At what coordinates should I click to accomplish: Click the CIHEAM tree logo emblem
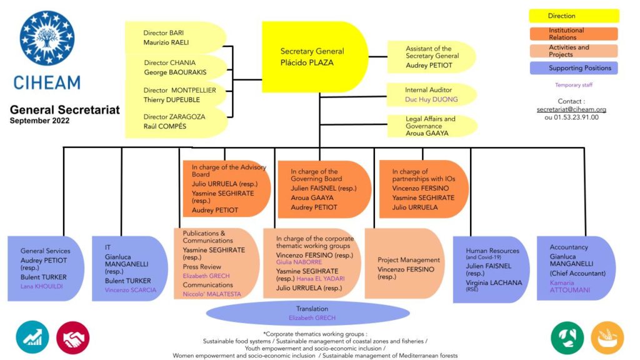pos(47,38)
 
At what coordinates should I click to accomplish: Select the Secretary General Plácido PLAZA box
pos(315,57)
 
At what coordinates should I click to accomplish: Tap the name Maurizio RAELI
pos(166,42)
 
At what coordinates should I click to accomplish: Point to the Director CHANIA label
pos(170,62)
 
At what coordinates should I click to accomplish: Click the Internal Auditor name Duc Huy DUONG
pos(431,99)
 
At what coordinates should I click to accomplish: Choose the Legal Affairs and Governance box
pos(432,126)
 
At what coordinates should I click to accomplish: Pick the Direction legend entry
pos(574,16)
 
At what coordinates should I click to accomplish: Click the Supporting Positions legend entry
pos(574,68)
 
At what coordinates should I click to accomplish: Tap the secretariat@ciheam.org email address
pos(571,109)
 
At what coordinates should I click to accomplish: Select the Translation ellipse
pos(308,314)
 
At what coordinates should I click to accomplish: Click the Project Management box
pos(404,263)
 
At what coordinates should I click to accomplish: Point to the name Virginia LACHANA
pos(494,282)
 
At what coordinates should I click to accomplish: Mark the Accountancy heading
pos(569,247)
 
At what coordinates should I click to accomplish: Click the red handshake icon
pos(72,337)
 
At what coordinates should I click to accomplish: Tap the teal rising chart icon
pos(32,337)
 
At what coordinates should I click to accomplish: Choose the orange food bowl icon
pos(607,337)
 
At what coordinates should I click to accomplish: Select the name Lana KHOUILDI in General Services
pos(42,286)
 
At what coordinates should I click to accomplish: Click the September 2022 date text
pos(39,121)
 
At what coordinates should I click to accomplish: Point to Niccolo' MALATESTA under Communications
pos(212,294)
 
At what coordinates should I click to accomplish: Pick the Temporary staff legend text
pos(574,85)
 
